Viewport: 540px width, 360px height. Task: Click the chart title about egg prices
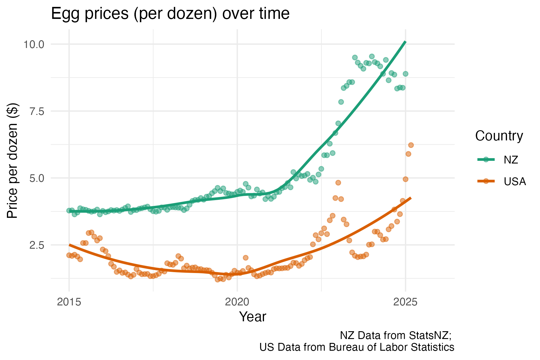(170, 14)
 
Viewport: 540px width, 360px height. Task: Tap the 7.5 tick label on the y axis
(37, 111)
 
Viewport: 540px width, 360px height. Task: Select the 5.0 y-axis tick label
(37, 178)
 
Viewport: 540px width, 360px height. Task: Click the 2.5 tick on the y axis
(37, 245)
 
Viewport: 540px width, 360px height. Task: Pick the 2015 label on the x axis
(69, 302)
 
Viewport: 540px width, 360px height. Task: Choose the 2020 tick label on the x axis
(237, 302)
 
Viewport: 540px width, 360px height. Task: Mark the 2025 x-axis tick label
(406, 302)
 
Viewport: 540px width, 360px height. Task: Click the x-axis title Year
(253, 317)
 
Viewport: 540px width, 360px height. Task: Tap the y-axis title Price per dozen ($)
(13, 161)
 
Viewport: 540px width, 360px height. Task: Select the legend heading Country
(499, 136)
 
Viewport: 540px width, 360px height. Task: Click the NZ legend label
(511, 160)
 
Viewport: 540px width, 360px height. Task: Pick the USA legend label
(515, 181)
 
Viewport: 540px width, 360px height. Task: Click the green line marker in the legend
(486, 160)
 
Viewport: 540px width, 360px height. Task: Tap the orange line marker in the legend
(486, 181)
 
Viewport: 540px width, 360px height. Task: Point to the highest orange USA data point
(411, 145)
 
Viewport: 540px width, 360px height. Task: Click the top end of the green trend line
(406, 42)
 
